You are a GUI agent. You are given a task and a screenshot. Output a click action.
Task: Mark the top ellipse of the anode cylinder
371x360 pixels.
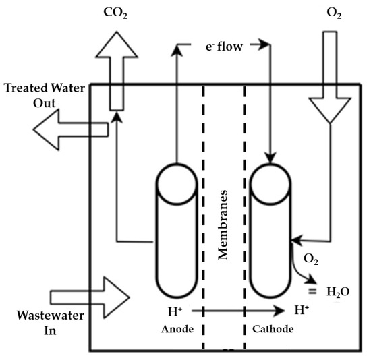(175, 182)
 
